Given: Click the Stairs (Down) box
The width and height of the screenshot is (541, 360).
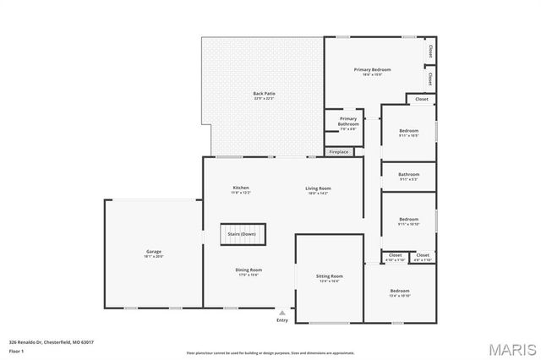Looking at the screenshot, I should (243, 234).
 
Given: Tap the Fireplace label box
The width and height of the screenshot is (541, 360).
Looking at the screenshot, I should (338, 152).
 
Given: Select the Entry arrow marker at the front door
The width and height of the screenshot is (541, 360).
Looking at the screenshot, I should (281, 312).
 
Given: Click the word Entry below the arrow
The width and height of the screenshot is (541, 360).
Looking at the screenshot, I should (281, 320).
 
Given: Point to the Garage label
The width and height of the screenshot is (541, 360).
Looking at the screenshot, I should (153, 251).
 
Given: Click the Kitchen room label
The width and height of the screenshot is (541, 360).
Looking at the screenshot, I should (241, 188).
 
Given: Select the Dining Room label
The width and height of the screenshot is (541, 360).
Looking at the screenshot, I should (248, 270).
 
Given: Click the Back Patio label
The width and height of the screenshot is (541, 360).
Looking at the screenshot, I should (264, 94).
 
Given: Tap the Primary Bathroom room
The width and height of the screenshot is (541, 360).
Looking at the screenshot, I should (348, 123).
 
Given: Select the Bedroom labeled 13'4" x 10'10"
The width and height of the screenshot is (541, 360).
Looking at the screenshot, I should (399, 292).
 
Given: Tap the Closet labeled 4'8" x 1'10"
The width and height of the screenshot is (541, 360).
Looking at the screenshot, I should (423, 256).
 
